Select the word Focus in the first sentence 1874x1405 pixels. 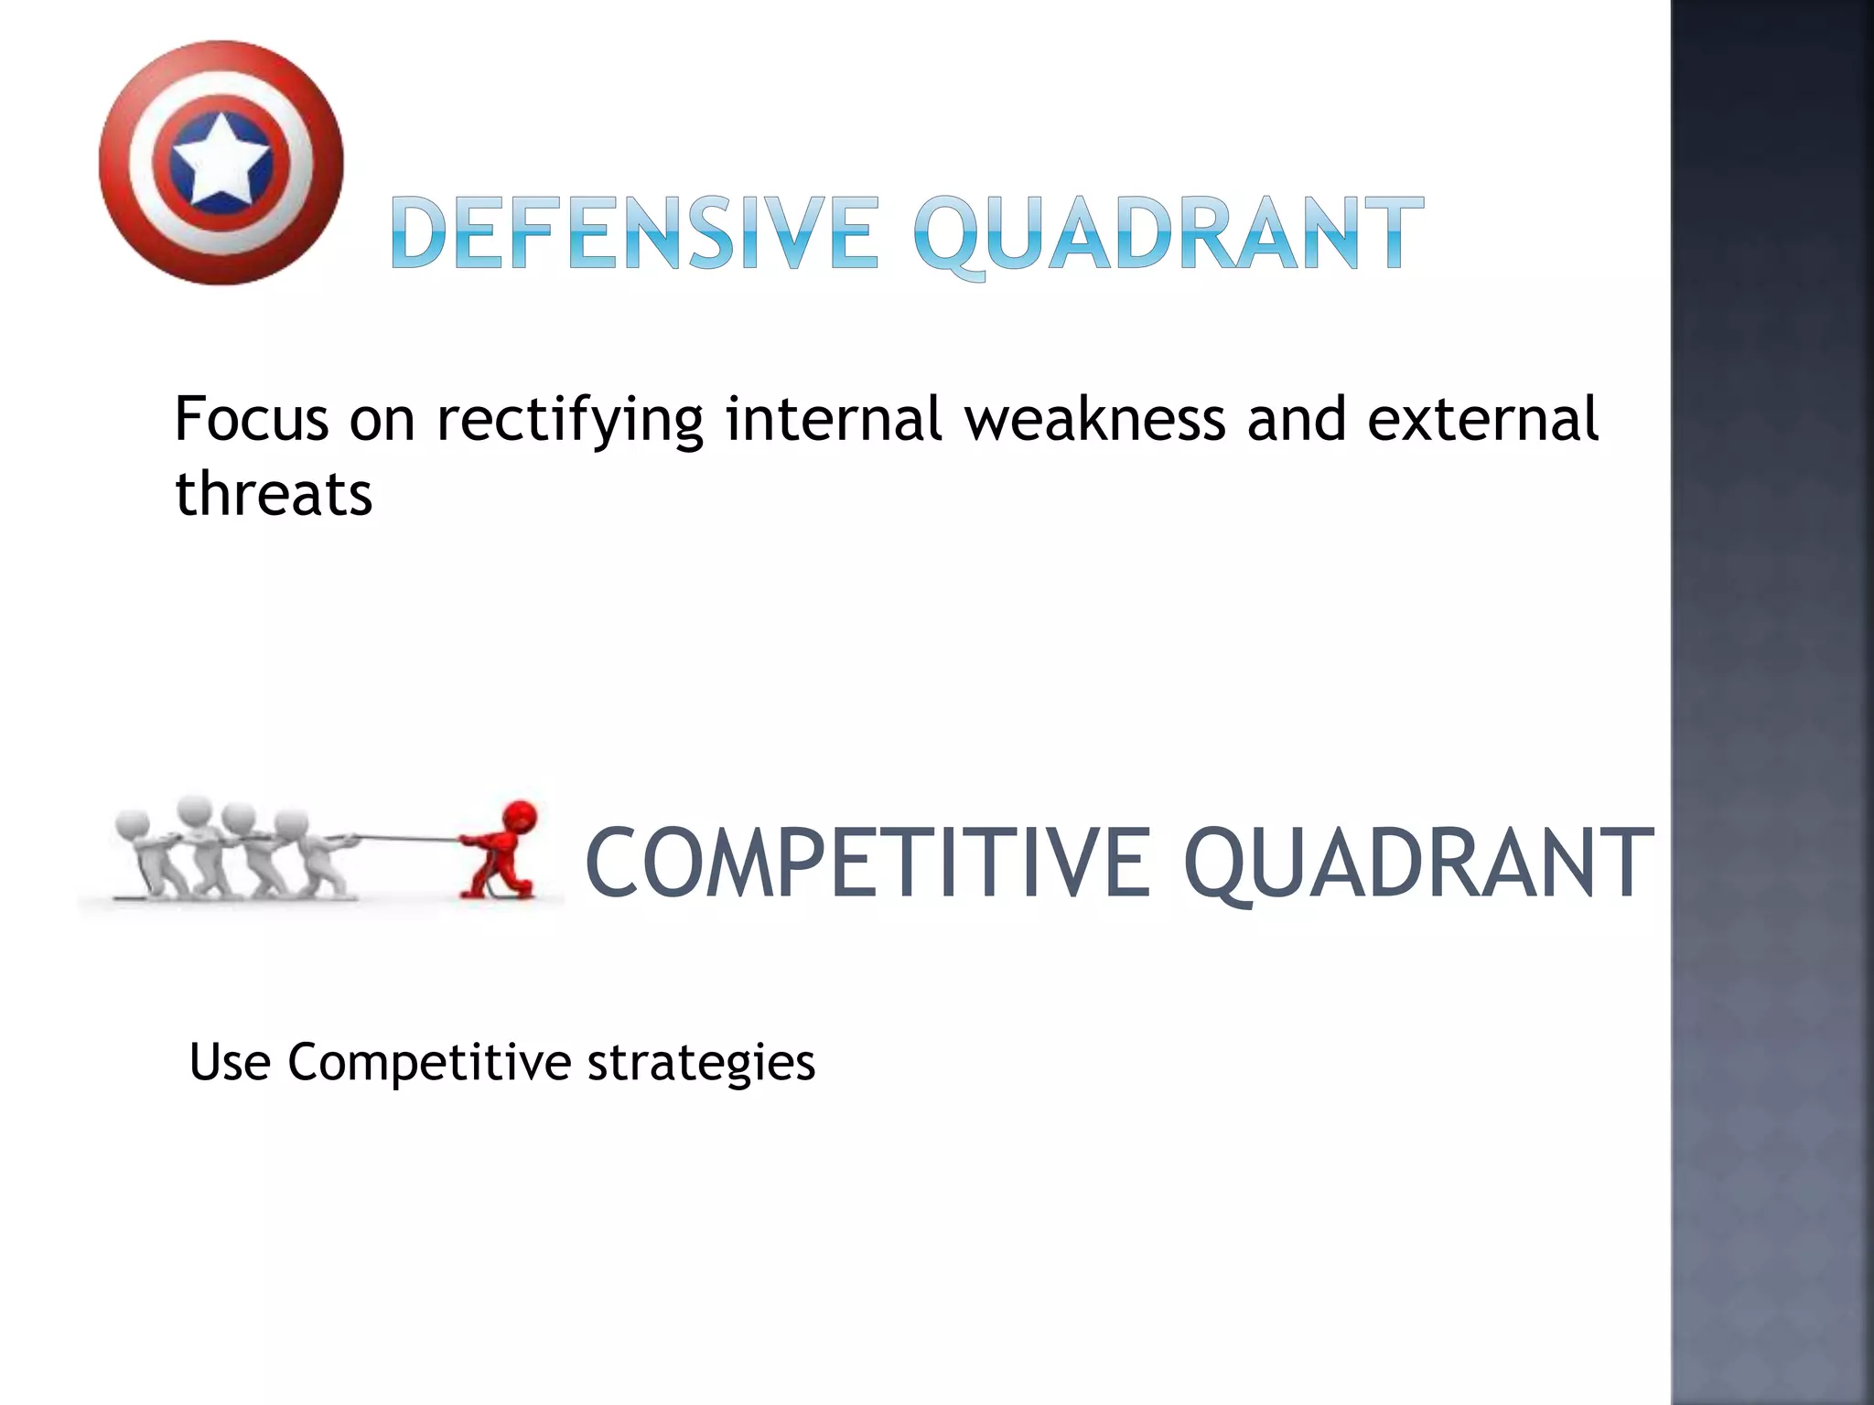pos(252,419)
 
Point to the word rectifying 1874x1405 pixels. pos(569,421)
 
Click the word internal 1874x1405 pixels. pos(834,419)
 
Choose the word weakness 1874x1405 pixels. pos(1095,419)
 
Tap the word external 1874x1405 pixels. pos(1482,419)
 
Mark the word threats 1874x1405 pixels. pos(274,494)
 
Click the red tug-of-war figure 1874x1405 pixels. pos(501,849)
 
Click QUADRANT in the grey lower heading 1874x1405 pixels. pos(1417,863)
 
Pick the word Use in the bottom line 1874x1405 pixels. pos(230,1062)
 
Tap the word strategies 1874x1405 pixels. pos(701,1064)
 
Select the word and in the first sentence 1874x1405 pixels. pos(1297,419)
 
